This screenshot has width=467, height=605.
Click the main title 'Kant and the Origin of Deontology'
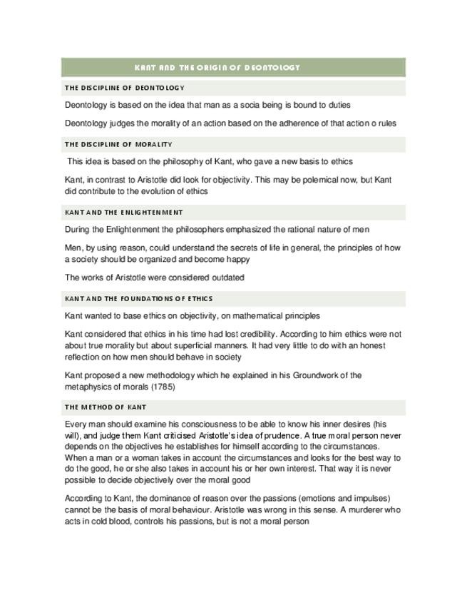click(x=217, y=68)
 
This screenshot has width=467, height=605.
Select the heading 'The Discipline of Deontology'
click(x=124, y=88)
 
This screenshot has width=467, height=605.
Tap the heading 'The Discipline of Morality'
click(x=118, y=144)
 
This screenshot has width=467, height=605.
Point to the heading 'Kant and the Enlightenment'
click(x=123, y=213)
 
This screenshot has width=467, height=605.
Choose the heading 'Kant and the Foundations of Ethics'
click(x=138, y=299)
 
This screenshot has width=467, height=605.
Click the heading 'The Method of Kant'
click(x=105, y=407)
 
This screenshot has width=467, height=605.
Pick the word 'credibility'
click(x=265, y=333)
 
